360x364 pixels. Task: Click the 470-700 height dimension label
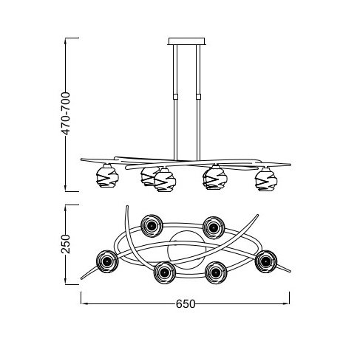click(x=66, y=114)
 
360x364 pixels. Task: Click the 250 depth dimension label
click(x=66, y=244)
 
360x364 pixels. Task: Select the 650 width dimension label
click(x=186, y=304)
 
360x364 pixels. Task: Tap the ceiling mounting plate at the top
click(x=186, y=41)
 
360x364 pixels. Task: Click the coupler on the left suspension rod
click(x=175, y=97)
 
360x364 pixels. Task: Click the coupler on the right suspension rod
click(x=198, y=97)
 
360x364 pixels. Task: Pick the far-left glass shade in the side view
click(x=107, y=176)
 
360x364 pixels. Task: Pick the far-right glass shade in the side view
click(x=266, y=179)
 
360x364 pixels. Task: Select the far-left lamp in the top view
click(x=107, y=261)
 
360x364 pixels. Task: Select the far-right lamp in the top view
click(x=266, y=261)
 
